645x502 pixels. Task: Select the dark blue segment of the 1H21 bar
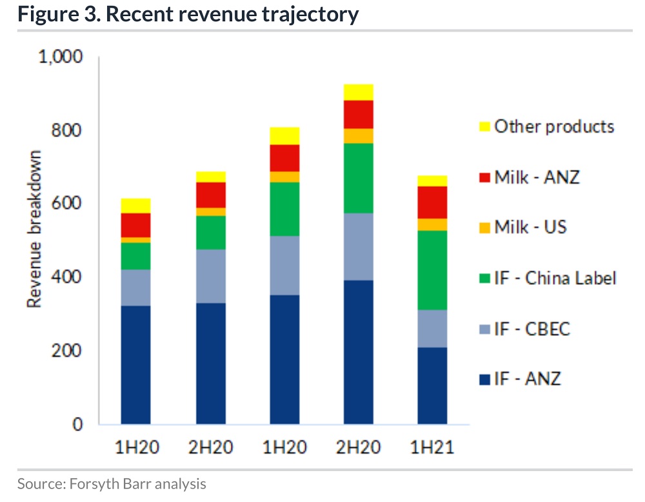[x=432, y=385]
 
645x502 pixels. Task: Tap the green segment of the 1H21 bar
[x=432, y=270]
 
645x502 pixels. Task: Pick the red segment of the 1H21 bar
[x=432, y=202]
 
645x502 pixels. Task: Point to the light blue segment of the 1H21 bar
[x=432, y=329]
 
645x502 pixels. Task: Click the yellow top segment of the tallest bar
[x=359, y=92]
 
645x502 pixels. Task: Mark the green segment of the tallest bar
[x=359, y=178]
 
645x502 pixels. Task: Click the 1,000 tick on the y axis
[x=62, y=57]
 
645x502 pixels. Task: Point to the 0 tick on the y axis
[x=77, y=424]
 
